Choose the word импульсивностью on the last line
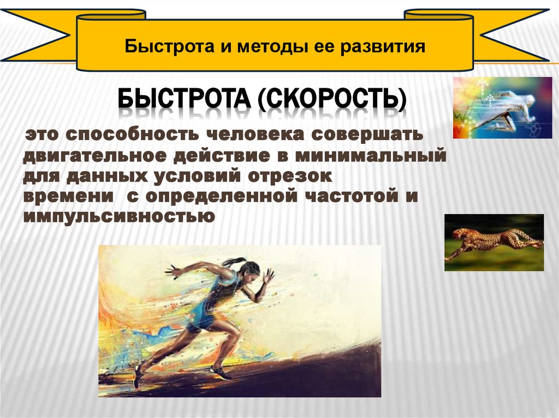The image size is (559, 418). coord(117,216)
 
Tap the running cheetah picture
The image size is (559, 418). coord(493,242)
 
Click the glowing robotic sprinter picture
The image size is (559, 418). coord(502,107)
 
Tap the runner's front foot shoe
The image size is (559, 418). coord(221,372)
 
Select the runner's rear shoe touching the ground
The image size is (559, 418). coord(138,375)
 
